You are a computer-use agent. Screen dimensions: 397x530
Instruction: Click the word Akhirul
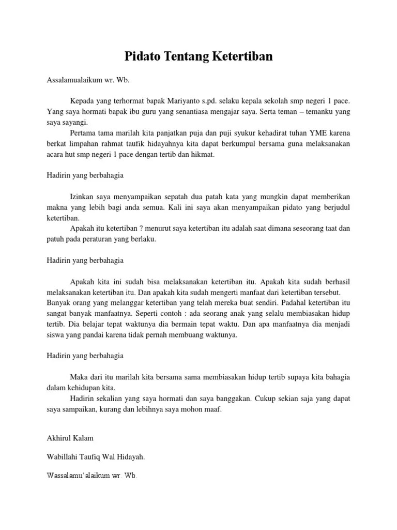click(58, 438)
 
